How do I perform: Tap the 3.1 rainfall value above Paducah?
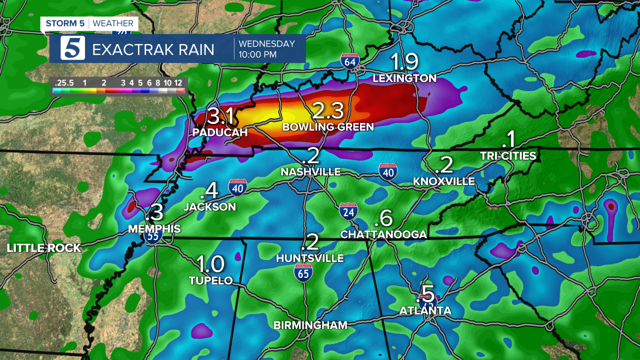220,116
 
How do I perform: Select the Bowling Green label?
328,127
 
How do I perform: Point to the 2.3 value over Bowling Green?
328,111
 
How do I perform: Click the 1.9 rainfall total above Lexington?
404,62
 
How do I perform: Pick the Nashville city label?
310,172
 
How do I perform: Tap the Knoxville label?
444,181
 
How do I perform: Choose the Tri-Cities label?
508,156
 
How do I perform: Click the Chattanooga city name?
383,234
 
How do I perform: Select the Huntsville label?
310,258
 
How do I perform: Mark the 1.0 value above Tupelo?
210,264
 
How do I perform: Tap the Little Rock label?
44,248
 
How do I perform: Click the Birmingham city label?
310,325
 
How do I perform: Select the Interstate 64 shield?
350,61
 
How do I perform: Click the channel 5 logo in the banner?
73,48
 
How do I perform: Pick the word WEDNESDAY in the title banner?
266,44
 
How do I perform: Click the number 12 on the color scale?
178,82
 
